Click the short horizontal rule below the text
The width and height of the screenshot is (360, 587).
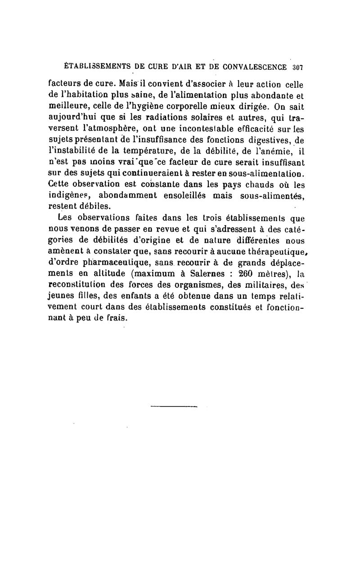174,408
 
